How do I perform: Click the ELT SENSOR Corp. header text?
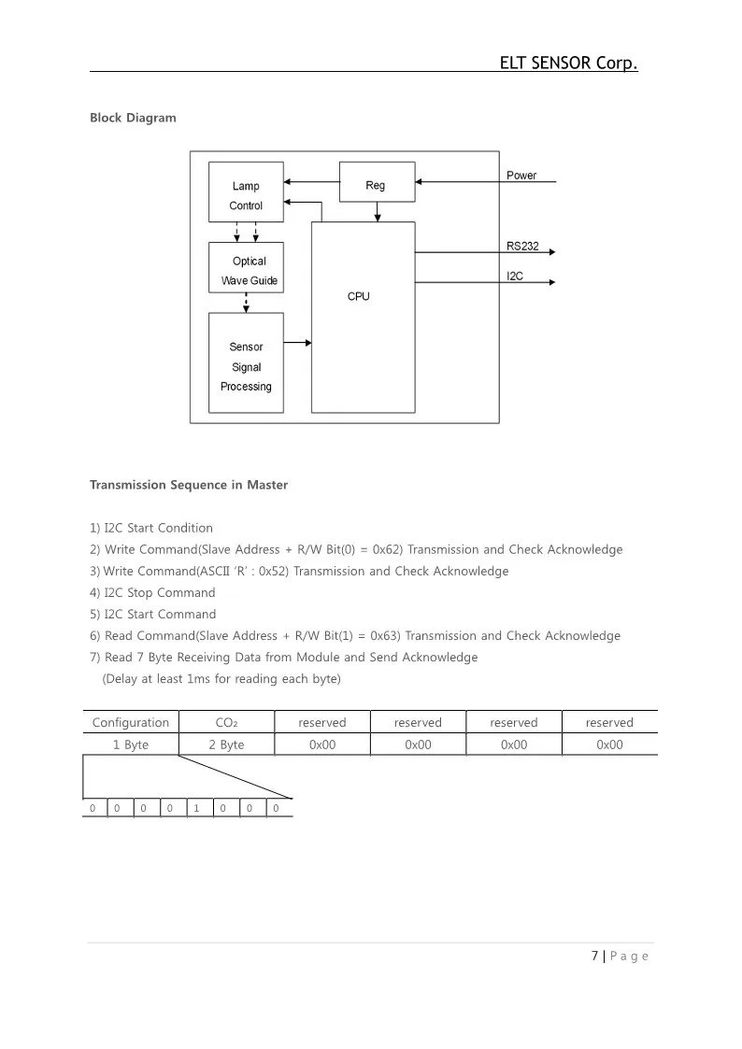coord(568,64)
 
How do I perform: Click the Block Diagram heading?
coord(133,118)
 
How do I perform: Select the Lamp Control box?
coord(246,195)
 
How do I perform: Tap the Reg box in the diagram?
coord(375,185)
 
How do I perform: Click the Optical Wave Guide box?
coord(247,270)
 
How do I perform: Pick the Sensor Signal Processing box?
coord(246,365)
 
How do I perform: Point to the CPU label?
coord(359,296)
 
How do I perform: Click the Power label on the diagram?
coord(521,175)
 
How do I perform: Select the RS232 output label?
coord(522,245)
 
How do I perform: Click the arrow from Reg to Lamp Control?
coord(311,181)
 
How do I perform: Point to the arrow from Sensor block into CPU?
coord(297,343)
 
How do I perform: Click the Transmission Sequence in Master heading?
coord(189,485)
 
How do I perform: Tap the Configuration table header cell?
coord(131,722)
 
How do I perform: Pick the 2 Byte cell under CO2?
coord(226,744)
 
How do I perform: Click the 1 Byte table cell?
coord(131,744)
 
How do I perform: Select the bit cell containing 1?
coord(196,808)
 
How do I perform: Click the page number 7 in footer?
coord(595,956)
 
